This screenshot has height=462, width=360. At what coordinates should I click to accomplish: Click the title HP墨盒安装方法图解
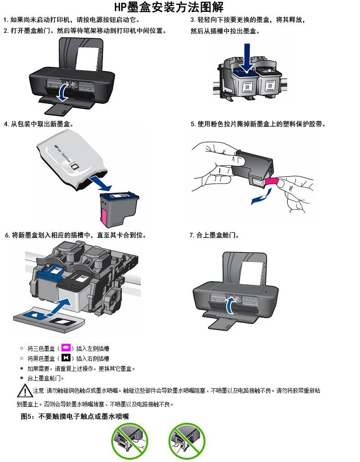[169, 7]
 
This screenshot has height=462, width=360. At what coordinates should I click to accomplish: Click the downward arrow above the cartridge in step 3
[247, 58]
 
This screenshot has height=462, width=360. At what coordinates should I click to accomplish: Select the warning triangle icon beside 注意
[25, 390]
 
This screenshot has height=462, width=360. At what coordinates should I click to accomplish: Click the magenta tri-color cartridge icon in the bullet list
[66, 348]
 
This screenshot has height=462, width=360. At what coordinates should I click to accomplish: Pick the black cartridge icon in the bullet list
[66, 358]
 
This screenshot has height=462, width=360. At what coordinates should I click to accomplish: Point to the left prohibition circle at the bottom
[129, 441]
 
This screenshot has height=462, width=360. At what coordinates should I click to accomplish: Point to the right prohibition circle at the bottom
[187, 441]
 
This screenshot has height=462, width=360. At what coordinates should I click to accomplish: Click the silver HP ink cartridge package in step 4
[70, 160]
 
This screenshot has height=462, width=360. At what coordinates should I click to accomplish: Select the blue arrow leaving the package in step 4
[100, 183]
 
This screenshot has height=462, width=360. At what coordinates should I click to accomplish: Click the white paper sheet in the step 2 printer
[87, 59]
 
